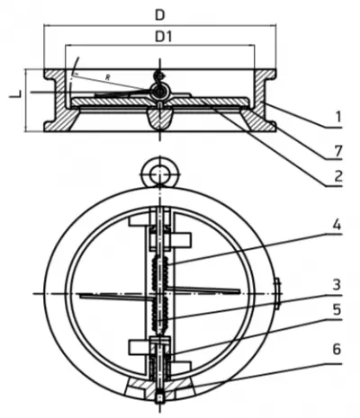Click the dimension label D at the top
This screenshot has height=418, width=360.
pos(160,15)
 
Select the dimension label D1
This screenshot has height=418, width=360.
pos(163,37)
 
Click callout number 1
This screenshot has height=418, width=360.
pos(338,117)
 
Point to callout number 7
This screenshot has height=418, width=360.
pos(338,151)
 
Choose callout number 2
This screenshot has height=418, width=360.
pos(338,176)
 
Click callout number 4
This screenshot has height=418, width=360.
pos(337,225)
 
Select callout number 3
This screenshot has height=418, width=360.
pos(337,284)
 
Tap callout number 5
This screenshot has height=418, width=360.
pos(337,309)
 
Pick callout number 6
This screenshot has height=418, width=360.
pos(337,350)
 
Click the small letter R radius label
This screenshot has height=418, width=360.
pos(107,77)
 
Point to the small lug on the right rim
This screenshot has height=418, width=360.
pos(277,294)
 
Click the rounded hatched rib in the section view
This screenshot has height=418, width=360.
pos(160,119)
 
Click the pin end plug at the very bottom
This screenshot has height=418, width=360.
pos(160,397)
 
